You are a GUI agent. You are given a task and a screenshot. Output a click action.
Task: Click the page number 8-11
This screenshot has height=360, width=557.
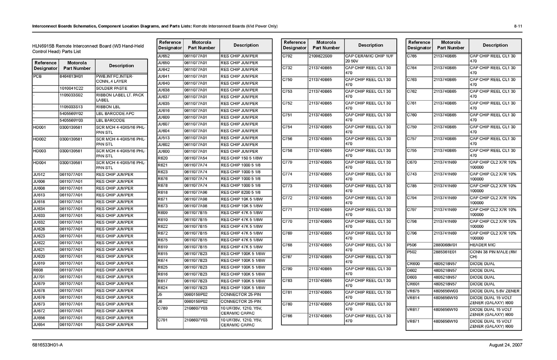(x=518, y=26)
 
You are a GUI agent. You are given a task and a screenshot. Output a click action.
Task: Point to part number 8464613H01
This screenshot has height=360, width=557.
(x=71, y=76)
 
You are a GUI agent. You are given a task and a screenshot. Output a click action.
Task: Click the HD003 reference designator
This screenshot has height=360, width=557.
(x=39, y=151)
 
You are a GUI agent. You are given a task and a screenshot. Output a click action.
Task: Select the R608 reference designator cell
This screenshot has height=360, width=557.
(x=38, y=270)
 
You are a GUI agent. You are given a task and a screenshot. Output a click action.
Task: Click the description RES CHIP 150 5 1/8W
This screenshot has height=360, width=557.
(x=241, y=158)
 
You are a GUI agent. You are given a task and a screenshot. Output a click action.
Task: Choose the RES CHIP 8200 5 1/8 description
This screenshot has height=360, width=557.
(x=240, y=192)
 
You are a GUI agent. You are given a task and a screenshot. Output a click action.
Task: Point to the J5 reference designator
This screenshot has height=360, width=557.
(x=160, y=294)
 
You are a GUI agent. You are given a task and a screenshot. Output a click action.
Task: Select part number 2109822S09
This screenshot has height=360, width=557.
(x=320, y=56)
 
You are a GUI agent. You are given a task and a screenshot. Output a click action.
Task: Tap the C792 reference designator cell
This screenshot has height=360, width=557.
(x=287, y=56)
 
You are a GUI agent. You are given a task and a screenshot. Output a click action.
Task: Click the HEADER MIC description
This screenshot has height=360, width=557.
(x=482, y=245)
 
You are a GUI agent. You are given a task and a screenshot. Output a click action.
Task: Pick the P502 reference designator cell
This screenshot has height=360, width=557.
(x=412, y=252)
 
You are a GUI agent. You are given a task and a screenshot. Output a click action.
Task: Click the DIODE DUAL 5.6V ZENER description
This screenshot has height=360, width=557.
(x=494, y=291)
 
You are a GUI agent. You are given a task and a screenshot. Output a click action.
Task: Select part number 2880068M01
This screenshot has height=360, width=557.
(x=445, y=245)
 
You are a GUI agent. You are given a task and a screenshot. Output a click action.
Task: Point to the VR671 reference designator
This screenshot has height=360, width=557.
(x=413, y=321)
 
